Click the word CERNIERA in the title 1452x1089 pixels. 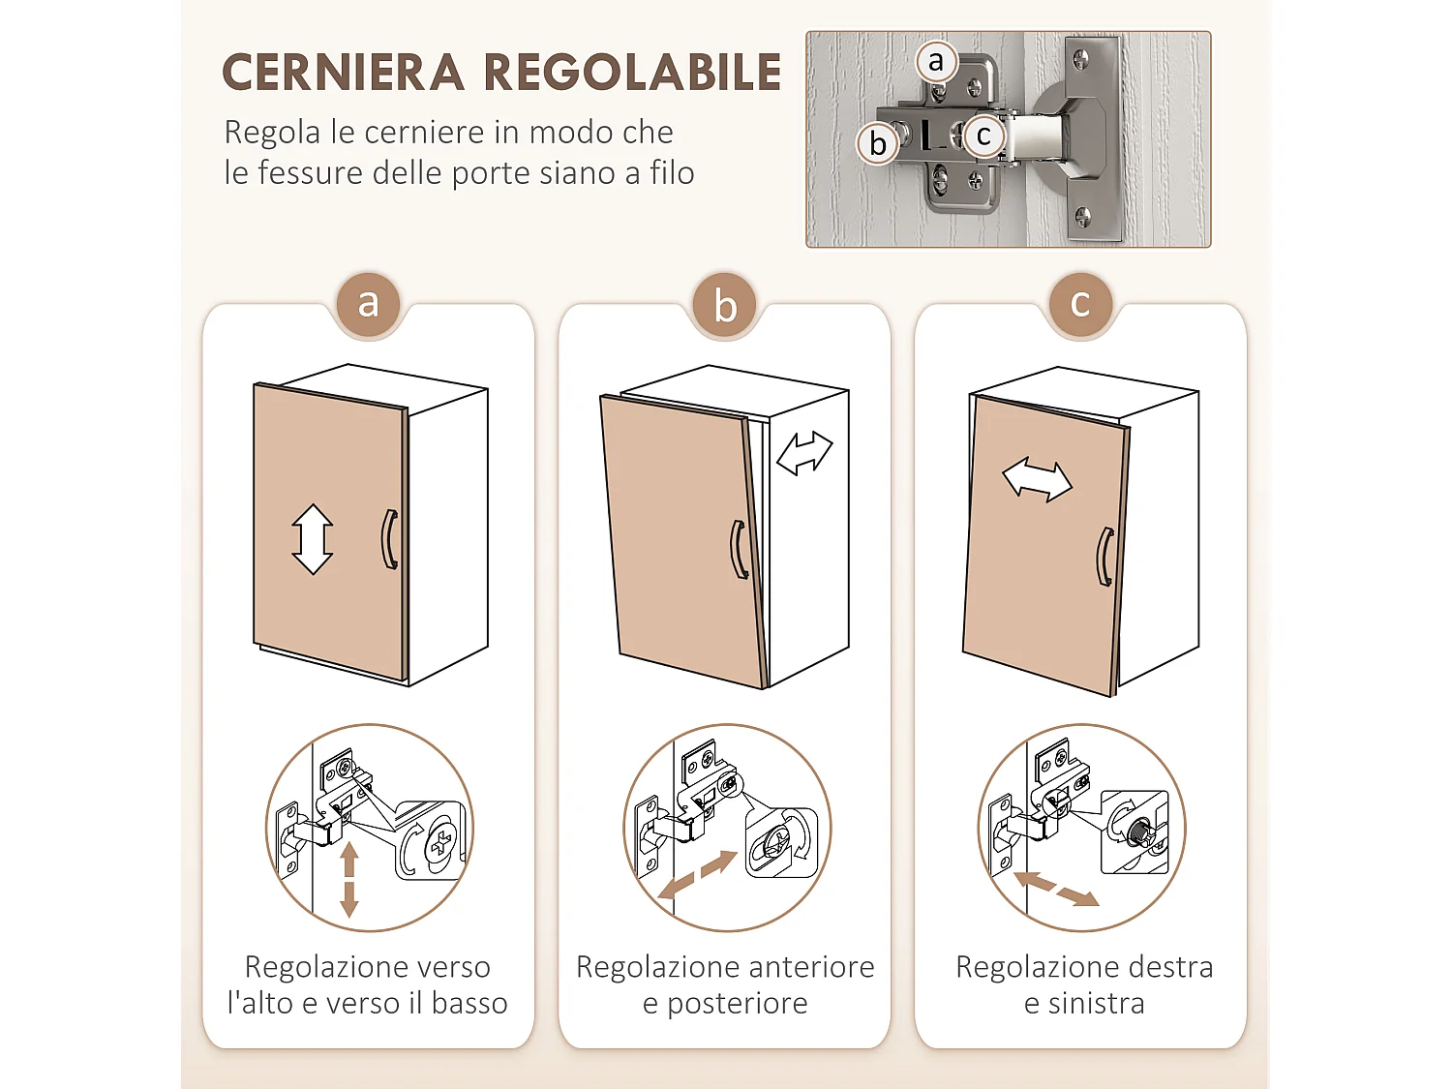[x=343, y=74]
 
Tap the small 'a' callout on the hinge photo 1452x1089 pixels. [x=935, y=61]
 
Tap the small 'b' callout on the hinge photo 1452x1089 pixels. [x=878, y=143]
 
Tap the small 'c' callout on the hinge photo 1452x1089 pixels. [x=983, y=136]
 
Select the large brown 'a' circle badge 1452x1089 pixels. [x=368, y=304]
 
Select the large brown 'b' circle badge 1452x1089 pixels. [x=725, y=306]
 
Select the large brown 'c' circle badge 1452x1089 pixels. [x=1080, y=304]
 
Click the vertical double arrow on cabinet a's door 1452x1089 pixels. [x=313, y=539]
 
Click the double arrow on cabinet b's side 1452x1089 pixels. [x=804, y=453]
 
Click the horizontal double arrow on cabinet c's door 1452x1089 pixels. [x=1037, y=480]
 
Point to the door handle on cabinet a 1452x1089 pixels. [x=390, y=539]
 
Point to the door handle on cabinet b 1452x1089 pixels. [x=739, y=550]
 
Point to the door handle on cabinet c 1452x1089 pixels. [x=1104, y=557]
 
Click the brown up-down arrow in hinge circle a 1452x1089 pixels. [x=349, y=879]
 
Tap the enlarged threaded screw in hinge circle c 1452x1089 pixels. [x=1139, y=831]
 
